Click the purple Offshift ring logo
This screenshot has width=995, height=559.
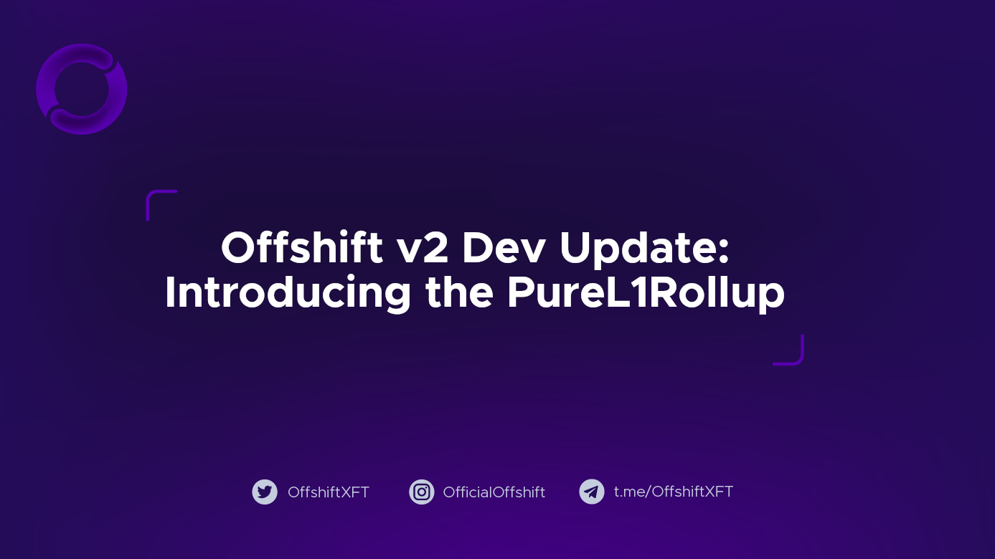(82, 89)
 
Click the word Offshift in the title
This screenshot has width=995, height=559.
(302, 249)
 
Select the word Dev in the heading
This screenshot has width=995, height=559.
(504, 249)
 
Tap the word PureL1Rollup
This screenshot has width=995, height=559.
(646, 294)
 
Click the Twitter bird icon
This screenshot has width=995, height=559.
(265, 492)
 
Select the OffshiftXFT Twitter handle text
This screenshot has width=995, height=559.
(329, 492)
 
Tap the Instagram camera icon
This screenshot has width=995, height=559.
(422, 492)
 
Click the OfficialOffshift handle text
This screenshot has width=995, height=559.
(494, 492)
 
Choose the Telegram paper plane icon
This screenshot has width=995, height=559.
(592, 492)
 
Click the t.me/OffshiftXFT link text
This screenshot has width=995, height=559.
(674, 492)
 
